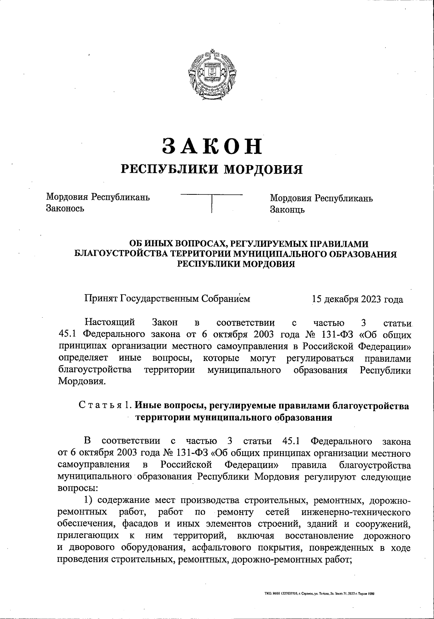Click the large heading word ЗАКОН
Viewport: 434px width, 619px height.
click(212, 146)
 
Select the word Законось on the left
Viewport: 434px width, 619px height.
click(65, 209)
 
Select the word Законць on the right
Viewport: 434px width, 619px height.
click(288, 210)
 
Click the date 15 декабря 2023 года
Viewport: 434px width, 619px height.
click(357, 300)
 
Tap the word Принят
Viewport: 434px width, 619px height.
click(101, 299)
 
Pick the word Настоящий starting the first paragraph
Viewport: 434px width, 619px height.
click(110, 322)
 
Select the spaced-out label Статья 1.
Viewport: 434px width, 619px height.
click(106, 406)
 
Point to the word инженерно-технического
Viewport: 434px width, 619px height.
click(353, 512)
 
